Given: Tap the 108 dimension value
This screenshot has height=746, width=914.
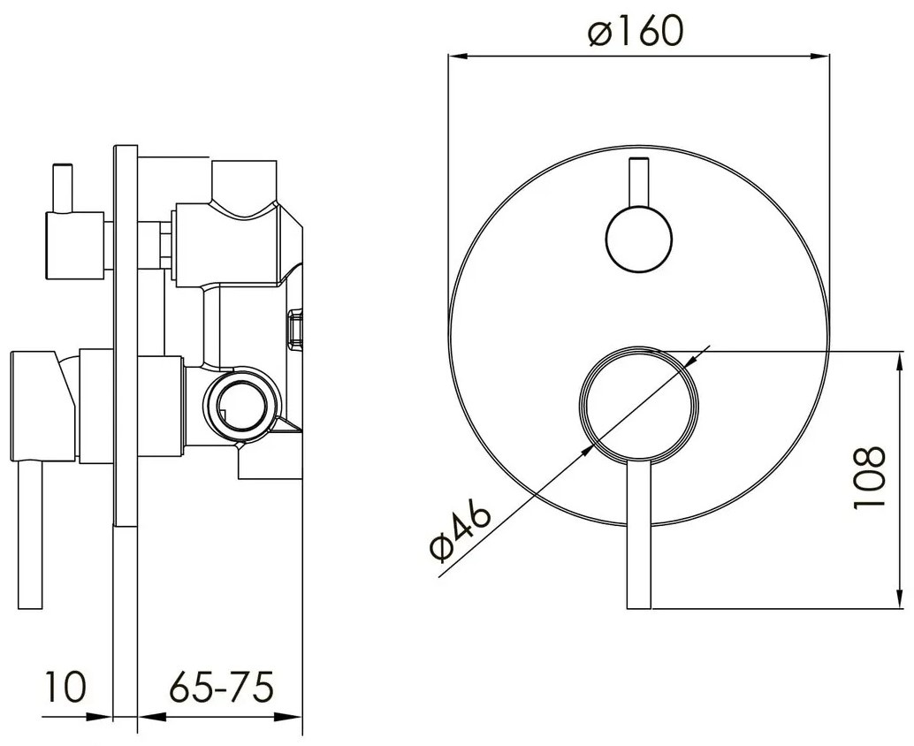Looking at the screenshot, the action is point(869,478).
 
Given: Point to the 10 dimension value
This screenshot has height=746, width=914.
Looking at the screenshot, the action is point(65,687).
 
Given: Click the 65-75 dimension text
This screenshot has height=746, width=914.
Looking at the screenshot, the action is point(222,687).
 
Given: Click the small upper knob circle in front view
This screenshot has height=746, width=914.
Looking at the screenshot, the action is point(639,239).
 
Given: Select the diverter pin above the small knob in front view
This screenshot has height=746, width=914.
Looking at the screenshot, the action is point(639,182).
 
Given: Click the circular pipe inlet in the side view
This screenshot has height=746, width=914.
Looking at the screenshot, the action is point(240,403).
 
